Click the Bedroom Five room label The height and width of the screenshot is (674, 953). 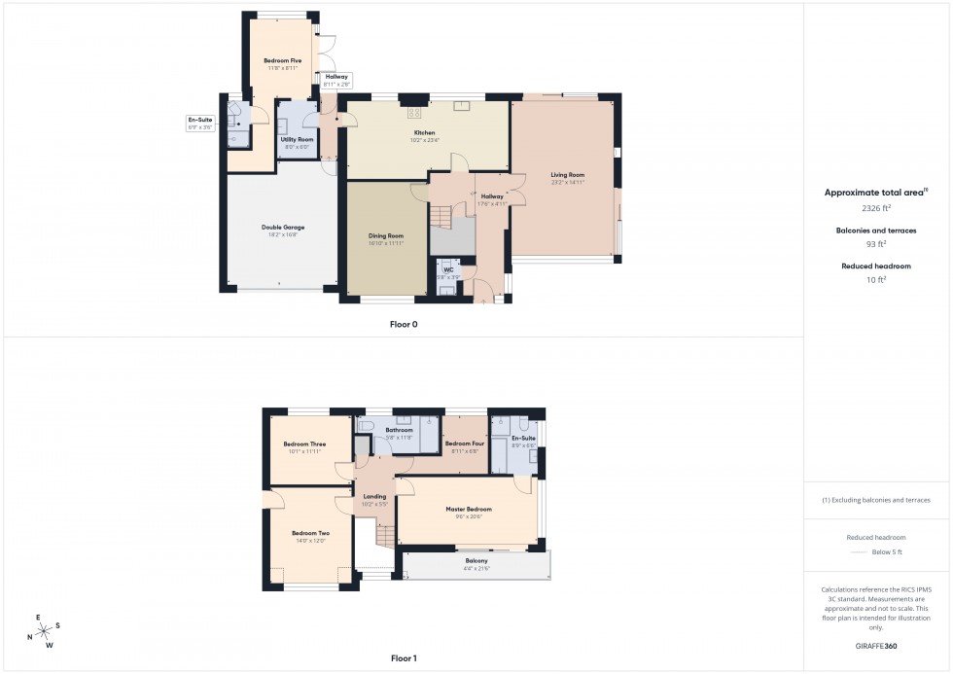(x=282, y=61)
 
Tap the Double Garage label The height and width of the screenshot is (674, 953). (x=283, y=229)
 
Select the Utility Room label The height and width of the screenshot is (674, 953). (x=297, y=139)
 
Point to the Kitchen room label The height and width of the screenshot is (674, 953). (x=424, y=132)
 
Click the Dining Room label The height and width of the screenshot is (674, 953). (x=386, y=235)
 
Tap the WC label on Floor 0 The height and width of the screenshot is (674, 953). (x=448, y=269)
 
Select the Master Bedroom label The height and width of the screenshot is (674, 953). (x=469, y=509)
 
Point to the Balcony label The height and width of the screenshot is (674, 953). (x=476, y=561)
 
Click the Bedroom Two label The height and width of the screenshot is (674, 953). (x=310, y=533)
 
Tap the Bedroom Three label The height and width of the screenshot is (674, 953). (x=304, y=443)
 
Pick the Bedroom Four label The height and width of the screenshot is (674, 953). (x=464, y=443)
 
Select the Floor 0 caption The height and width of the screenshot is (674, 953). (x=403, y=324)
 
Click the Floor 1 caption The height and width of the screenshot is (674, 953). (x=403, y=658)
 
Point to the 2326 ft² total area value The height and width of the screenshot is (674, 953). (x=876, y=208)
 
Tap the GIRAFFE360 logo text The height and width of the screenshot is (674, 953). (x=876, y=645)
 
